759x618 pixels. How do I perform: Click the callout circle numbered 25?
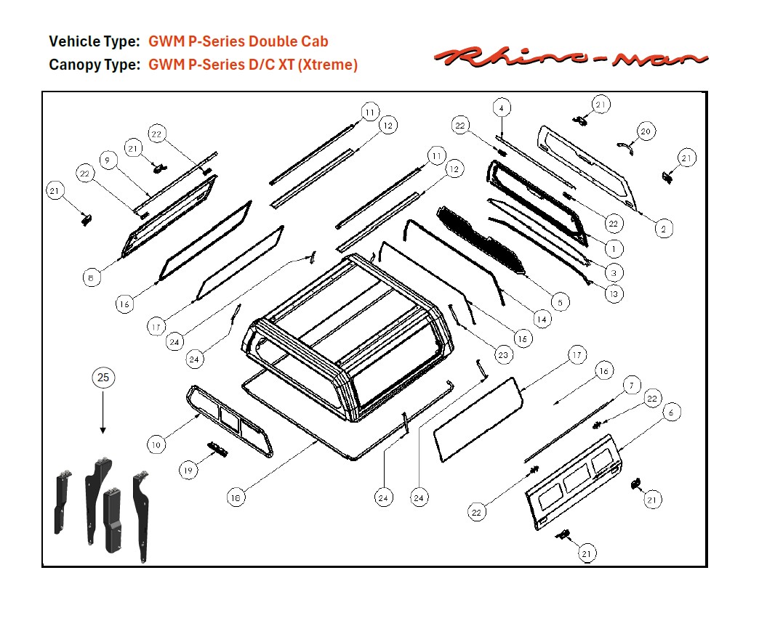click(103, 378)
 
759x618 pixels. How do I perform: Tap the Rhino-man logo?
click(571, 57)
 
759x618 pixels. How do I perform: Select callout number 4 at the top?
click(501, 108)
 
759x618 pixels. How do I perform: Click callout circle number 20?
click(646, 131)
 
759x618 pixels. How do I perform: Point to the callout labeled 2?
click(662, 229)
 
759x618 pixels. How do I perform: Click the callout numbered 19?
click(189, 471)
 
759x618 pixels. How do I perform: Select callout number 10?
click(156, 444)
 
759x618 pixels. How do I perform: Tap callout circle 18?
click(235, 497)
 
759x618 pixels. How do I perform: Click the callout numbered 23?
click(503, 355)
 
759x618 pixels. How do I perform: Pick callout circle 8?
click(91, 277)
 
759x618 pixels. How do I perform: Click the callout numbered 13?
click(614, 293)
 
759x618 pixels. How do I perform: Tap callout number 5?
click(559, 301)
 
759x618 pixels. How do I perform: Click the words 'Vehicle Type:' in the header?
click(94, 41)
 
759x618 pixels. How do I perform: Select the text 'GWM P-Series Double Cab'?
click(238, 41)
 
